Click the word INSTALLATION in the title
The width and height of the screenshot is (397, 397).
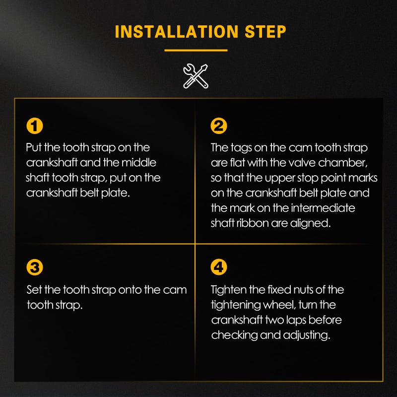point(177,32)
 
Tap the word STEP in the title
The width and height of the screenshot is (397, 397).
point(265,32)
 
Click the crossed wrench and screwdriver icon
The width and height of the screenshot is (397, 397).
point(196,76)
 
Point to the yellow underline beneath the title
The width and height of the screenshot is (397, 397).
point(196,51)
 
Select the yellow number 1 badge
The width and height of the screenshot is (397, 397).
point(35,126)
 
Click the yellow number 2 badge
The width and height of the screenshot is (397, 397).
point(219,126)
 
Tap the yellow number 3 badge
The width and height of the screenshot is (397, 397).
point(35,267)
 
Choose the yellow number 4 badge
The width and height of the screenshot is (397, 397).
point(219,267)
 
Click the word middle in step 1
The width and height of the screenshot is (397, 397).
point(139,163)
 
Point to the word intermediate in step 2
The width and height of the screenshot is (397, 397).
point(323,208)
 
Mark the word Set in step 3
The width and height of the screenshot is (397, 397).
point(34,290)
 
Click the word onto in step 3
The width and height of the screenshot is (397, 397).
point(130,290)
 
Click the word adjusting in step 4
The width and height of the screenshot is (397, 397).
point(307,336)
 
